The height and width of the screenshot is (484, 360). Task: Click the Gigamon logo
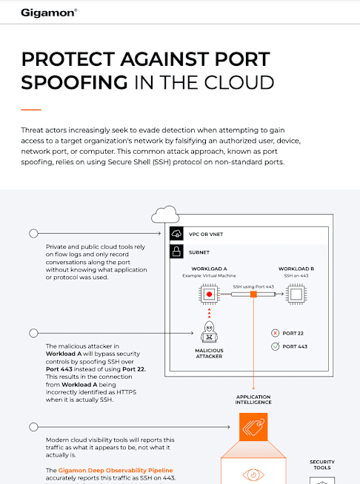click(x=49, y=13)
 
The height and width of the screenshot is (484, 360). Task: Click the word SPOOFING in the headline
click(x=74, y=82)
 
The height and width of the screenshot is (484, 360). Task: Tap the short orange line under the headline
click(x=31, y=110)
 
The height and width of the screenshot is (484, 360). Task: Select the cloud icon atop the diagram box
click(x=165, y=214)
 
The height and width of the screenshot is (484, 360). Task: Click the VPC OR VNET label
click(x=206, y=235)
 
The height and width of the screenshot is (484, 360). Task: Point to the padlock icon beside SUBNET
click(x=176, y=252)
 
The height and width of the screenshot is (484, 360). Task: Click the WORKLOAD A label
click(x=209, y=269)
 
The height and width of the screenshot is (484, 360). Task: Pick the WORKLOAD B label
click(x=296, y=269)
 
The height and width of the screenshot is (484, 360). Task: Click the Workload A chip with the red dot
click(x=209, y=294)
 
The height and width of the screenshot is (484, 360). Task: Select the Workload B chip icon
click(x=296, y=294)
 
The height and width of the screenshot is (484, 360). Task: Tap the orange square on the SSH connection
click(x=253, y=294)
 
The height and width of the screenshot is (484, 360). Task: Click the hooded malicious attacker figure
click(x=209, y=332)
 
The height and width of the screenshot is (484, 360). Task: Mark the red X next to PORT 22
click(x=275, y=333)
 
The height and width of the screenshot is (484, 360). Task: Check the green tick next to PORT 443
click(x=275, y=346)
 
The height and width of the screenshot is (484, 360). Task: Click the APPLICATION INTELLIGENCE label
click(x=253, y=400)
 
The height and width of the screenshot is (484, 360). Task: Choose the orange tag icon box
click(x=253, y=427)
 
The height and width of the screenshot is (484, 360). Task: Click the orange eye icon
click(x=253, y=474)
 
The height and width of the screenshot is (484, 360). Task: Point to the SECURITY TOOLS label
click(x=322, y=465)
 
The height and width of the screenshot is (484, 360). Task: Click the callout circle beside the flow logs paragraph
click(x=33, y=233)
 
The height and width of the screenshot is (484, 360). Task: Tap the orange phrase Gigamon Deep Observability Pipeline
click(x=116, y=470)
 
